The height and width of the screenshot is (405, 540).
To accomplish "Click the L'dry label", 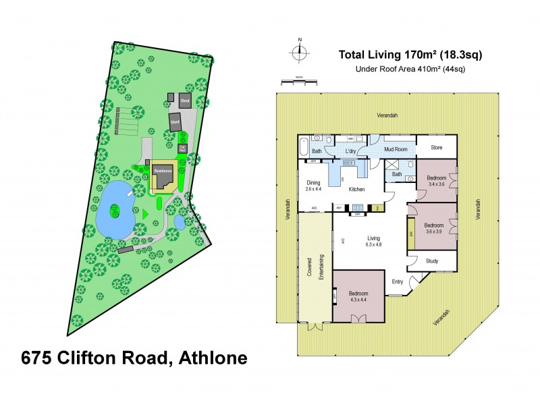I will tap(351, 151).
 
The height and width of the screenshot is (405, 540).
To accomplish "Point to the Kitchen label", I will tap(356, 190).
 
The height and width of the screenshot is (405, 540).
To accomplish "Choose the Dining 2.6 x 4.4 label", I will tap(313, 186).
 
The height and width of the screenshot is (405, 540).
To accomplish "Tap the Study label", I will tap(432, 261).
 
